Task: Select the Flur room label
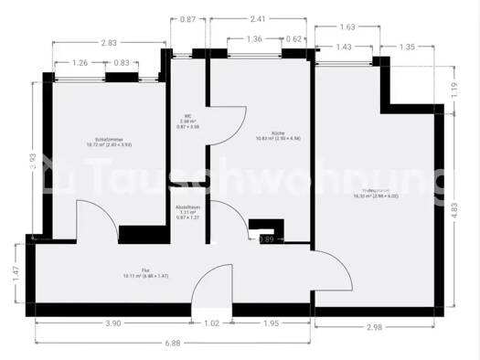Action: coord(138,272)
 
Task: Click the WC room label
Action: coord(187,119)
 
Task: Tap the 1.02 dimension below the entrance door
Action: coord(211,323)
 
